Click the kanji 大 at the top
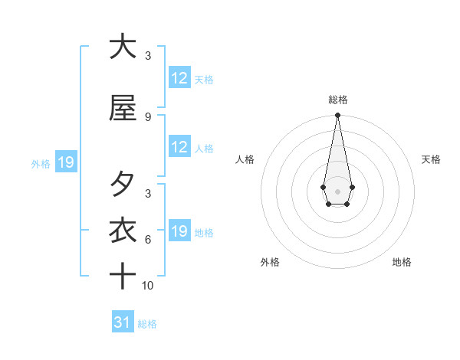[122, 46]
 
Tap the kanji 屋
[122, 107]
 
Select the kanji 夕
[122, 184]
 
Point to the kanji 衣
[122, 230]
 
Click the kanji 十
[122, 276]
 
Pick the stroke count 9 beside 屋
[148, 116]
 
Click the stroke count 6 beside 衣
[148, 239]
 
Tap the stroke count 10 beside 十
[148, 285]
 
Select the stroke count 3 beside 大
[148, 55]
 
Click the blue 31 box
[123, 322]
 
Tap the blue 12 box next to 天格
[179, 78]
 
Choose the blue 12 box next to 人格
[179, 147]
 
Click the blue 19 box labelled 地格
[179, 231]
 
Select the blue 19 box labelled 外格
[65, 162]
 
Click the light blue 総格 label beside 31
[147, 323]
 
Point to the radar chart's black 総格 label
[337, 100]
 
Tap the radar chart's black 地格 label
[402, 262]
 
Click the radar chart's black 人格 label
[245, 159]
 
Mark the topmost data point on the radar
[337, 116]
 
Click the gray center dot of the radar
[337, 190]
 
